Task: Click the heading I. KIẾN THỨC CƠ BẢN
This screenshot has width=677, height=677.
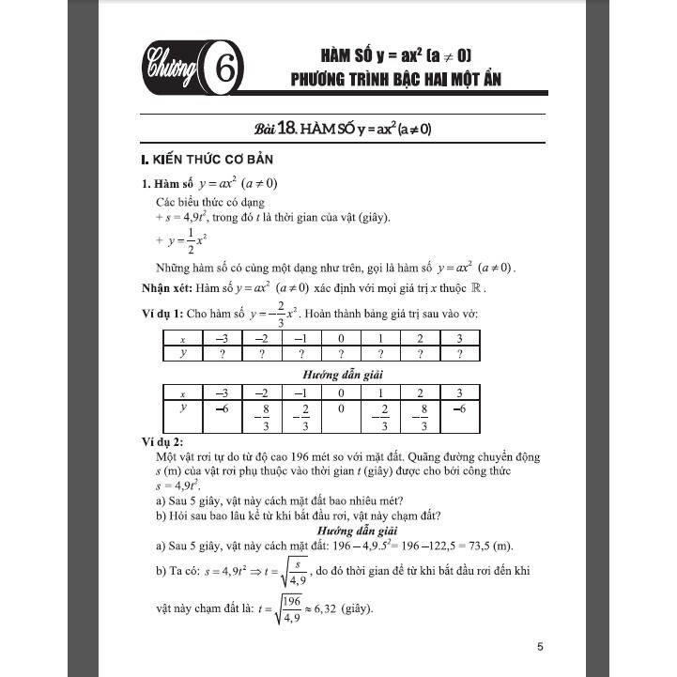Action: pyautogui.click(x=201, y=160)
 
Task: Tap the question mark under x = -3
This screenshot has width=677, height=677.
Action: pyautogui.click(x=223, y=354)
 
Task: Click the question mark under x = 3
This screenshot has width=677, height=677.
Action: pyautogui.click(x=459, y=354)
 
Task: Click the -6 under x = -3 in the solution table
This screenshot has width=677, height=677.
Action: pyautogui.click(x=223, y=408)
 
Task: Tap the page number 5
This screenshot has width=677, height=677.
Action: pyautogui.click(x=540, y=646)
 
